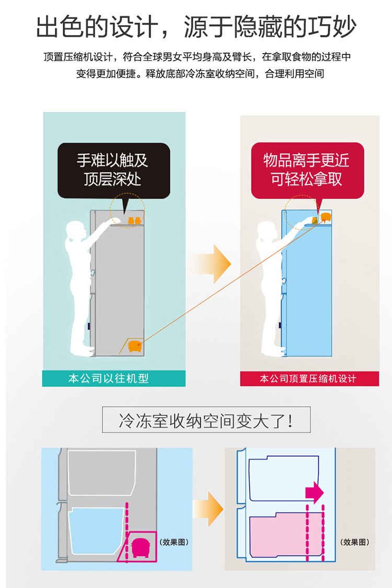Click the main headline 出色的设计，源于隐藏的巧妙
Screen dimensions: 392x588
coord(196,27)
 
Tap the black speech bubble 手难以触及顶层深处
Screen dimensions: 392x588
coord(114,171)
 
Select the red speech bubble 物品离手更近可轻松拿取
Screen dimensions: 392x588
coord(307,171)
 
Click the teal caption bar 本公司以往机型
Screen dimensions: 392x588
coord(114,379)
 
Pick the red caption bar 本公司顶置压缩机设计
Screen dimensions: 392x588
coord(309,379)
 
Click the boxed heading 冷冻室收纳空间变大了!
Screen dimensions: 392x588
coord(206,420)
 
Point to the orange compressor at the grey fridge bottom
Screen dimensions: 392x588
coord(135,346)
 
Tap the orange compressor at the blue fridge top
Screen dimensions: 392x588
coord(326,217)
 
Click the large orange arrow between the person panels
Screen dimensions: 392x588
coord(211,264)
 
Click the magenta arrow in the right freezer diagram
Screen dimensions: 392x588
coord(315,491)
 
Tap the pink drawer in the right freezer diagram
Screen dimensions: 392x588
coord(286,535)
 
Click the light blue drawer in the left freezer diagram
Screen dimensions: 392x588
coord(96,531)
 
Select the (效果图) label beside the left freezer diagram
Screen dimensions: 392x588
coord(174,542)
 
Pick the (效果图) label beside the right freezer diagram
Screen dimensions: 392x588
coord(355,542)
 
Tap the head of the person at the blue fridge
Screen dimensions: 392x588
coord(267,230)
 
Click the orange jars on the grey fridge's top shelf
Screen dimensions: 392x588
coord(134,220)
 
